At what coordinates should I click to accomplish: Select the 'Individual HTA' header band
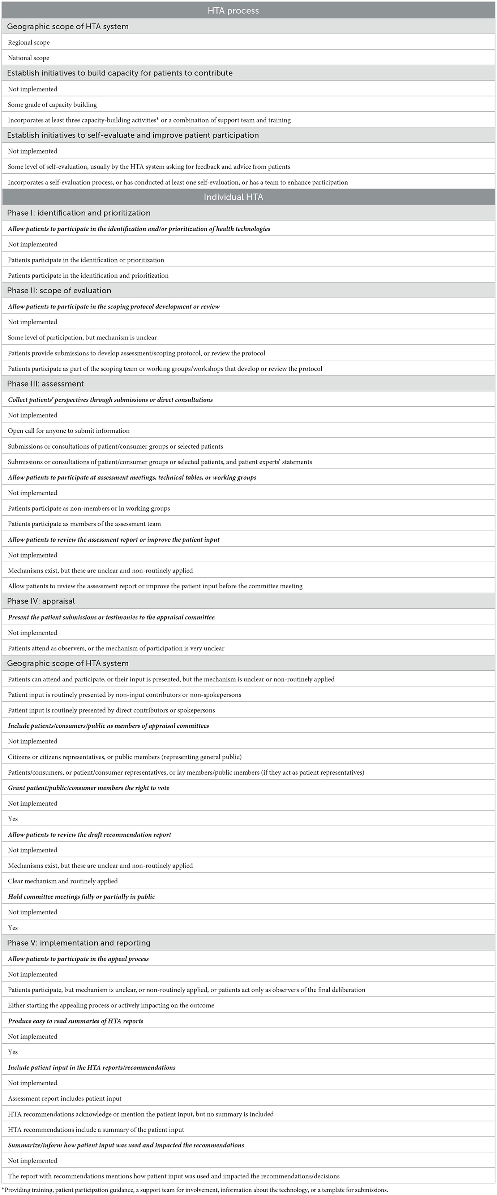tap(233, 197)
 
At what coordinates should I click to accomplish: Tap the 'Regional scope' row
tap(29, 42)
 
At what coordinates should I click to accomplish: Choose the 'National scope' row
tap(29, 58)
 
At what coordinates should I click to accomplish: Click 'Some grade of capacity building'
tap(52, 104)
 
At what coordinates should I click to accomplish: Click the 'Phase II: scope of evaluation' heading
tap(59, 290)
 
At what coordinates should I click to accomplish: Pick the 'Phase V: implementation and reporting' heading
tap(79, 943)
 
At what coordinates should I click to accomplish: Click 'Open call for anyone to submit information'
tap(69, 430)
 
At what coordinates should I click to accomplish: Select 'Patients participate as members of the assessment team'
tap(85, 524)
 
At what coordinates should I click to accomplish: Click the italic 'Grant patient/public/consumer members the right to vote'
tap(89, 788)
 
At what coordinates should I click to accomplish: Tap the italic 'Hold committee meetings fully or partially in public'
tap(81, 896)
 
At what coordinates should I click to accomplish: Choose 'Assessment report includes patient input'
tap(65, 1099)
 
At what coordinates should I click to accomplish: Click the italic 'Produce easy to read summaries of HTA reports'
tap(75, 1021)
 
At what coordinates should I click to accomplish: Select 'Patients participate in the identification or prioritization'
tap(86, 260)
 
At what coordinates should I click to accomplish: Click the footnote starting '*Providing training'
tap(195, 1190)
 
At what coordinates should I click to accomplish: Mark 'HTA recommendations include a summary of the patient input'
tap(96, 1130)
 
